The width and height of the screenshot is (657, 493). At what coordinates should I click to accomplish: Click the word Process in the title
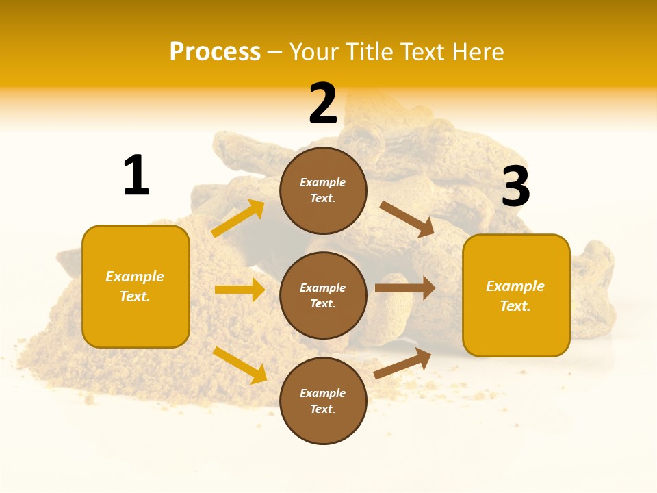pos(215,51)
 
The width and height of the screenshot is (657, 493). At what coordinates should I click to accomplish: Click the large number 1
pos(136,176)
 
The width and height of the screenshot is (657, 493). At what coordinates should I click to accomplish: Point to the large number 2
pos(323,103)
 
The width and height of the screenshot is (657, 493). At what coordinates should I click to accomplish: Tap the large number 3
pos(515,187)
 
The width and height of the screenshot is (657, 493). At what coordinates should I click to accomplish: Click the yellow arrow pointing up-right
pos(238,218)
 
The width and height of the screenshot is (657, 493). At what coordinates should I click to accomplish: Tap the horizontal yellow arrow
pos(240,290)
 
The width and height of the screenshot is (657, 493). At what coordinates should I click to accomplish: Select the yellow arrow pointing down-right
pos(240,365)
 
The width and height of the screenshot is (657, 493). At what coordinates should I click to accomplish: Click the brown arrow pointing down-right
pos(407,219)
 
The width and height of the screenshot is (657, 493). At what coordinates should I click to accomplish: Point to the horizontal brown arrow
pos(404,288)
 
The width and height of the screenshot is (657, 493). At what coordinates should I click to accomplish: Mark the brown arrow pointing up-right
pos(402,364)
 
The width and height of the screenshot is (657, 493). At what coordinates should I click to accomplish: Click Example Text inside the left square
pos(135,286)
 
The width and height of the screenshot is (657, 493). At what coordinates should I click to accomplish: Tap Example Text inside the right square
pos(515,296)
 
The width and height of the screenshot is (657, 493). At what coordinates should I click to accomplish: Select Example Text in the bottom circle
pos(323,401)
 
